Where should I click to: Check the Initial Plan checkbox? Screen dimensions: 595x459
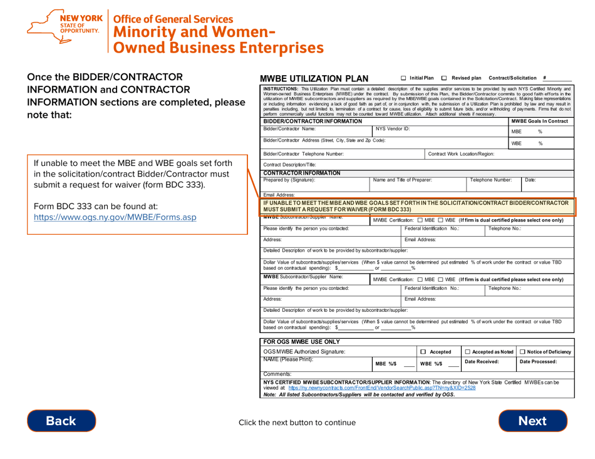click(x=404, y=78)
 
